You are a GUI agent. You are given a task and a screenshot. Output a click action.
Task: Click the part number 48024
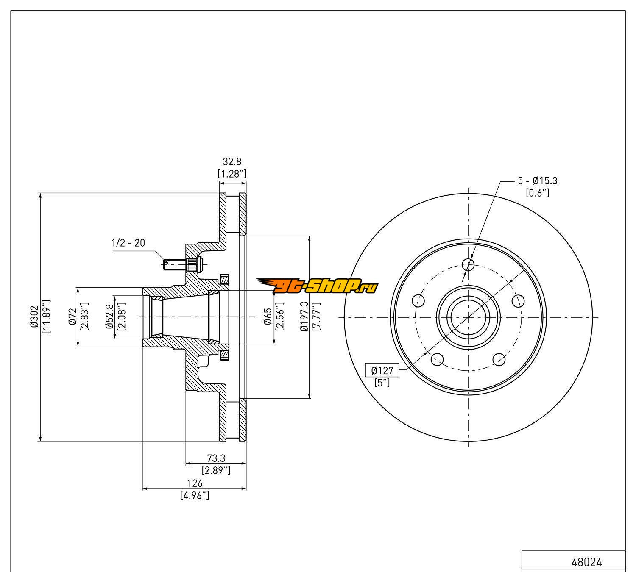[x=586, y=563]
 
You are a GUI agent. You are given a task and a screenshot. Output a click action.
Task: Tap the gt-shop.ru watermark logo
[x=317, y=286]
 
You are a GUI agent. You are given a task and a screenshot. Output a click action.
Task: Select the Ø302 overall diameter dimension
[x=34, y=317]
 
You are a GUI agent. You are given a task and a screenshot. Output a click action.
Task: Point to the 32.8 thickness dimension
[x=232, y=161]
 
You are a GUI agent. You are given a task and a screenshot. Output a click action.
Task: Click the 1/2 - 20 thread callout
[x=128, y=243]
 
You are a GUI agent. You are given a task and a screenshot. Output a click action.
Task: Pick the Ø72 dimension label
[x=72, y=317]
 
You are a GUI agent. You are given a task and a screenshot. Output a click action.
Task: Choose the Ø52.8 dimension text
[x=109, y=317]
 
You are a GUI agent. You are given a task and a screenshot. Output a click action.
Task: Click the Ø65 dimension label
[x=268, y=317]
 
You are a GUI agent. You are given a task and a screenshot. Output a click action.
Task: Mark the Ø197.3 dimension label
[x=304, y=317]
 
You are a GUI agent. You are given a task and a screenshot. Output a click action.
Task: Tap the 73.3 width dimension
[x=216, y=458]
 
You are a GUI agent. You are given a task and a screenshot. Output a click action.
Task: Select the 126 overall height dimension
[x=195, y=483]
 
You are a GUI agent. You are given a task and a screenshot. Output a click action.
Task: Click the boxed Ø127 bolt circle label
[x=382, y=371]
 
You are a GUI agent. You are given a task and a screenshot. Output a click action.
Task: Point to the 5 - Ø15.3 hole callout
[x=537, y=181]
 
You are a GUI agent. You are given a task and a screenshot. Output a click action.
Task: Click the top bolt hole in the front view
[x=468, y=265]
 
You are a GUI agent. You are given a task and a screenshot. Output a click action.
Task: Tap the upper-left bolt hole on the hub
[x=418, y=301]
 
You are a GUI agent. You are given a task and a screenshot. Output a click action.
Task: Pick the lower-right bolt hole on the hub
[x=499, y=359]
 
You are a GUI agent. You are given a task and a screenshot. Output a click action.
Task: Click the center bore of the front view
[x=468, y=317]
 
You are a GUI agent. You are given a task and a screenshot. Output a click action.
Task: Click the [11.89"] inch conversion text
[x=47, y=317]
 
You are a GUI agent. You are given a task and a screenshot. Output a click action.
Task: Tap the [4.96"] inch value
[x=195, y=495]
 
